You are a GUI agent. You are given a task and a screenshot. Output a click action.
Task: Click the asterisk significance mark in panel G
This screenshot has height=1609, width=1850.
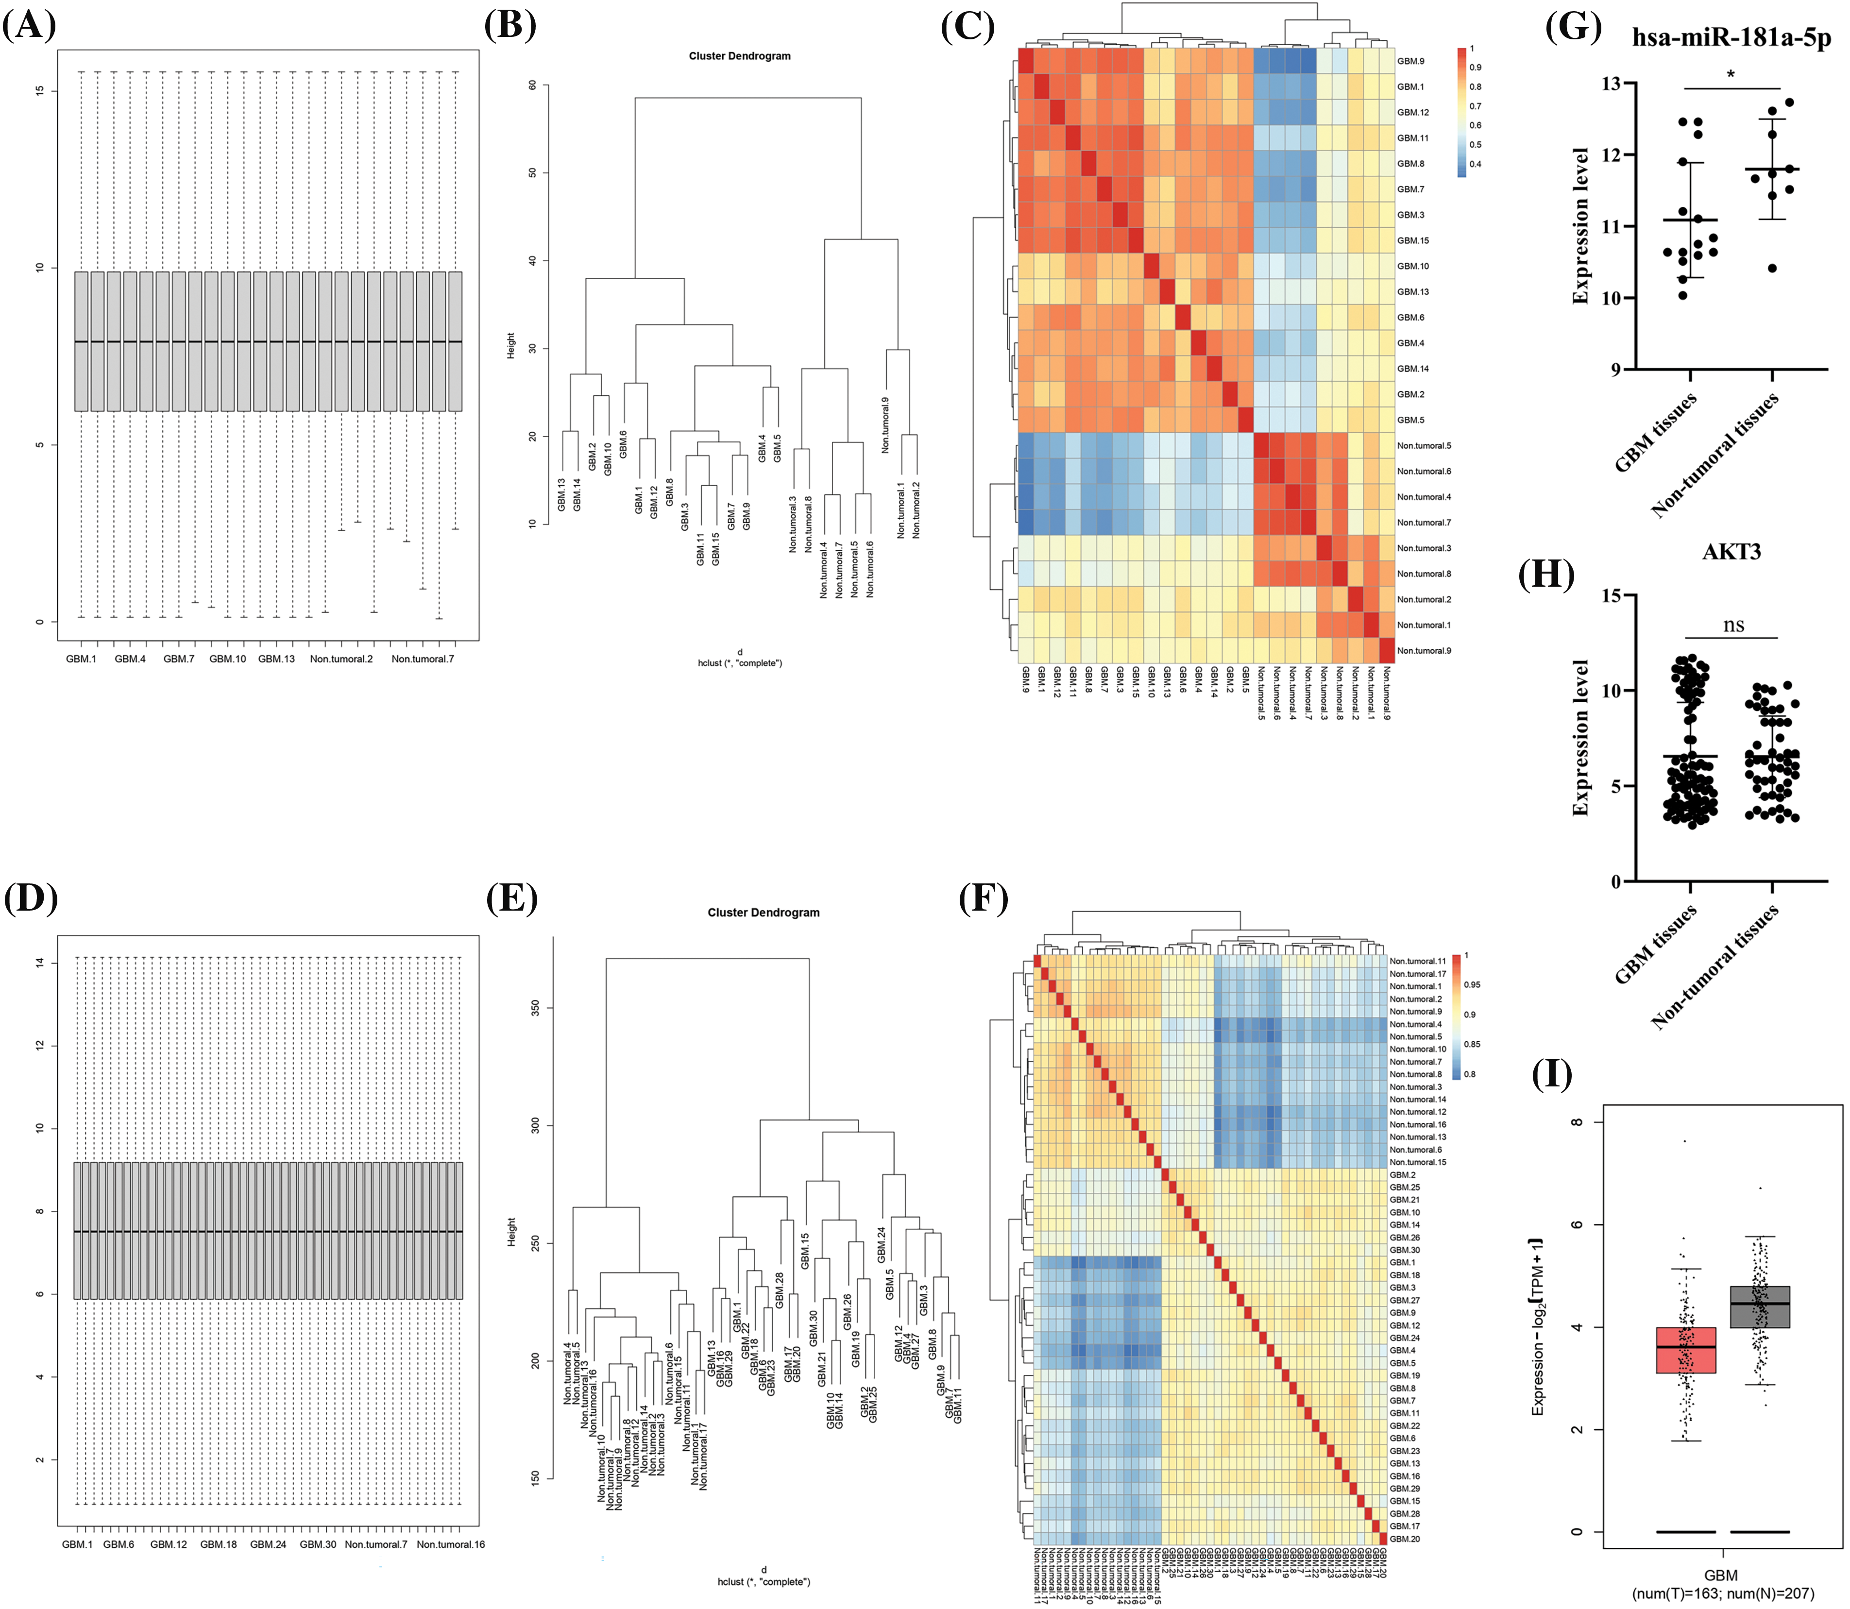pos(1731,75)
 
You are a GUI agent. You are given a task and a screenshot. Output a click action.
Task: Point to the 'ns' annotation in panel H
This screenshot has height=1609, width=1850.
pos(1733,625)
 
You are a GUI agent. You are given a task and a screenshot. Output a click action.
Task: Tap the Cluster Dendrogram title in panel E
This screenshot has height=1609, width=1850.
pos(764,912)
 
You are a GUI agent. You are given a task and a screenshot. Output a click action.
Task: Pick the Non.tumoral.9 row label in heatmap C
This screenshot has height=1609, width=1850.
pos(1424,650)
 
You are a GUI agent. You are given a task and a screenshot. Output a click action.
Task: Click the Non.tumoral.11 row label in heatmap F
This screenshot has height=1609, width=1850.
pos(1417,961)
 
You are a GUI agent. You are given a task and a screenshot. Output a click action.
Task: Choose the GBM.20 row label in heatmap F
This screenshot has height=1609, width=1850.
pos(1405,1539)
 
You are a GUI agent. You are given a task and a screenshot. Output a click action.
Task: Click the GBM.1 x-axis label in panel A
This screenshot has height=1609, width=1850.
pos(81,659)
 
